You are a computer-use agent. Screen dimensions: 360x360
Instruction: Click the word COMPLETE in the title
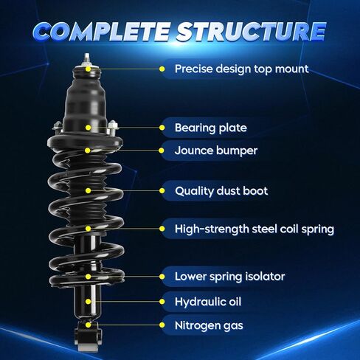click(x=101, y=32)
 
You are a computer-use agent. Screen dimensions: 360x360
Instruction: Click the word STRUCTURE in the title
click(x=252, y=32)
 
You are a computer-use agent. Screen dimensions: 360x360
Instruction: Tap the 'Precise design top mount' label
click(x=241, y=69)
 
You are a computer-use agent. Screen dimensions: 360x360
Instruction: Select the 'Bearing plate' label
click(x=211, y=128)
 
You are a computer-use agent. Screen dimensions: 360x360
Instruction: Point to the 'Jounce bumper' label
click(x=216, y=150)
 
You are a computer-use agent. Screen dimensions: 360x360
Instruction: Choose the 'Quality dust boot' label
click(x=221, y=191)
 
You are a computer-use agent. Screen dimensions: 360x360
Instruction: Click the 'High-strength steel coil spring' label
click(x=255, y=229)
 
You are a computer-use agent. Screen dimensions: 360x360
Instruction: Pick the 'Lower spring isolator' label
click(x=229, y=277)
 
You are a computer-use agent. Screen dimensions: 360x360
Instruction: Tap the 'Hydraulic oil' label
click(x=208, y=302)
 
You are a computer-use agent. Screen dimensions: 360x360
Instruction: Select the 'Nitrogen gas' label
click(x=209, y=325)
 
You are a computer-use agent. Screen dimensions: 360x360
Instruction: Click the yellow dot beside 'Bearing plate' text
click(x=162, y=128)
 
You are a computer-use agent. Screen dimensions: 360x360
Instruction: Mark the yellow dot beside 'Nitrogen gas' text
click(x=162, y=325)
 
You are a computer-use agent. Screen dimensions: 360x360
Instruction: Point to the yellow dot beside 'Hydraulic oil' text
click(x=162, y=302)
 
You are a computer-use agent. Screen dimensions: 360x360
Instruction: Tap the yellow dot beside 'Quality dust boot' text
click(x=162, y=190)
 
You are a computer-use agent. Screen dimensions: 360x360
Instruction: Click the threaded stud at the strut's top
click(x=87, y=59)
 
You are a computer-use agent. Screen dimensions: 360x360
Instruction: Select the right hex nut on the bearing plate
click(x=113, y=125)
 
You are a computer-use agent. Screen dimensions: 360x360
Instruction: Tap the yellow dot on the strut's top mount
click(x=88, y=69)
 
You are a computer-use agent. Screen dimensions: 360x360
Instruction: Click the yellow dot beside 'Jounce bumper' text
click(x=162, y=150)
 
